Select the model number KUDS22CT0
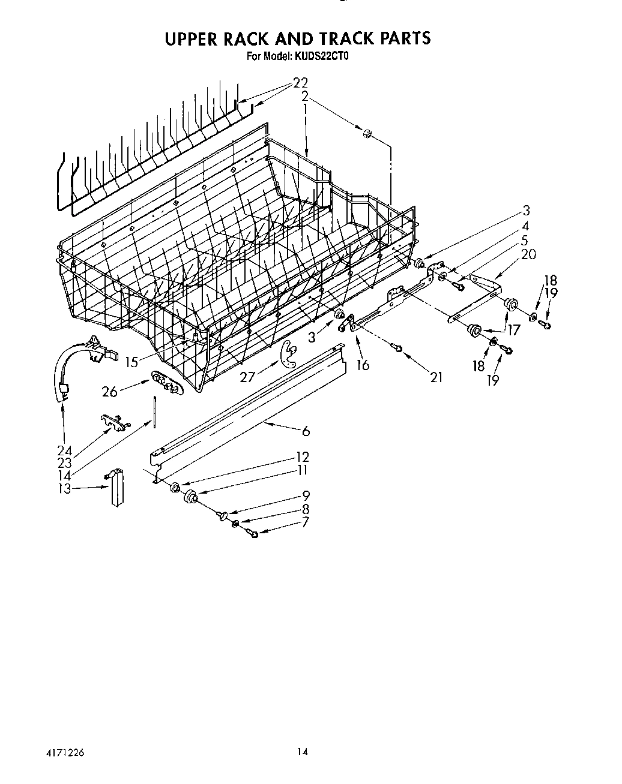pyautogui.click(x=322, y=58)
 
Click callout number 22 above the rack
pyautogui.click(x=301, y=83)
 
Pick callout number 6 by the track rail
pyautogui.click(x=306, y=431)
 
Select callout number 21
pyautogui.click(x=436, y=377)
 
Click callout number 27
pyautogui.click(x=247, y=376)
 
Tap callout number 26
pyautogui.click(x=110, y=392)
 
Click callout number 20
pyautogui.click(x=528, y=254)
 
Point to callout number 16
pyautogui.click(x=363, y=365)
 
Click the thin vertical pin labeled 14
pyautogui.click(x=155, y=413)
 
